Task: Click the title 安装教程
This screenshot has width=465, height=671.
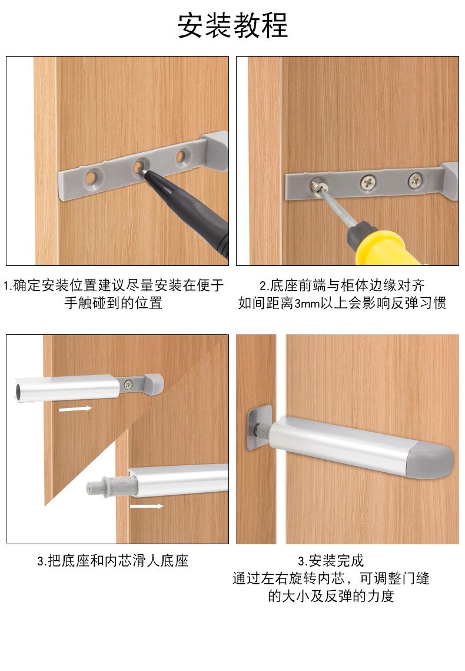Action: coord(232,25)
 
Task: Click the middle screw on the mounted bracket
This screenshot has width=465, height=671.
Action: coord(368,183)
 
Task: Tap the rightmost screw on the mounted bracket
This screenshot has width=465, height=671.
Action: coord(414,180)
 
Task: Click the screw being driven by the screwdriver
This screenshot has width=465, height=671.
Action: coord(318,186)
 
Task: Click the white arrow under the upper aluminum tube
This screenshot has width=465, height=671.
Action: coord(75,409)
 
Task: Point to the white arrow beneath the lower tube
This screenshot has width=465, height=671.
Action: coord(147,506)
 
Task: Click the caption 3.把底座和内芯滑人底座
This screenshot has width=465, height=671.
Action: coord(113,561)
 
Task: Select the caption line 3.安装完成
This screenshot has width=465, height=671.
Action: coord(331,561)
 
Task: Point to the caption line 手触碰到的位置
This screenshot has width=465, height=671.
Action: coord(113,303)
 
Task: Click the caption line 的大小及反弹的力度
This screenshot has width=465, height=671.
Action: coord(331,596)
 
